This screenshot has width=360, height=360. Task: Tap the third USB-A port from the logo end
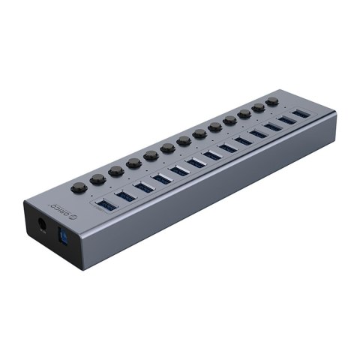tap(145, 185)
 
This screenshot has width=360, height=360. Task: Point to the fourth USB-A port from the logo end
tap(163, 178)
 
